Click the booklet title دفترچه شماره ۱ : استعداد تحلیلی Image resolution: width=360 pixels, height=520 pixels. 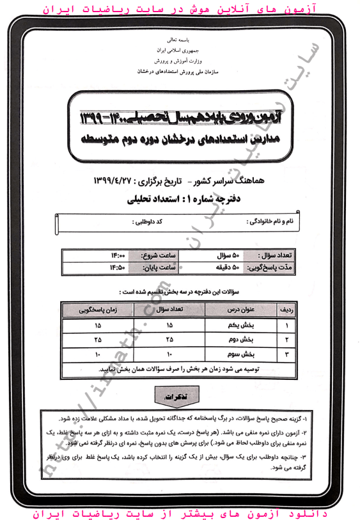180,199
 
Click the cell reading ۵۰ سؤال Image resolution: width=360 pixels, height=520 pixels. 225,255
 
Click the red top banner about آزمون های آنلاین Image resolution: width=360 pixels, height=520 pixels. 180,10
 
